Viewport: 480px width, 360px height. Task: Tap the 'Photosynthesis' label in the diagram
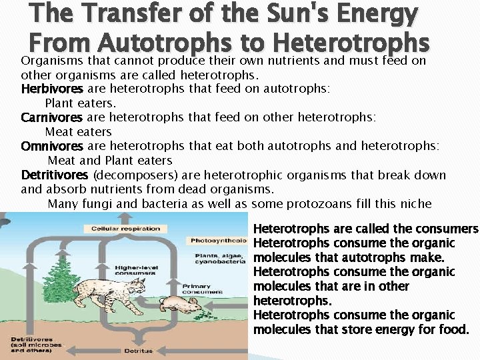217,241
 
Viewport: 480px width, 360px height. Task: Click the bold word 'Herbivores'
52,89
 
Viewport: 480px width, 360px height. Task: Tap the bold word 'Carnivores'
52,117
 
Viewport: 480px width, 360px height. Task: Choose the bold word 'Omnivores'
52,146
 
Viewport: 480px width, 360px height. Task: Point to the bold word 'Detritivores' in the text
55,175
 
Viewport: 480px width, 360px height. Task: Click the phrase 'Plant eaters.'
81,103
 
